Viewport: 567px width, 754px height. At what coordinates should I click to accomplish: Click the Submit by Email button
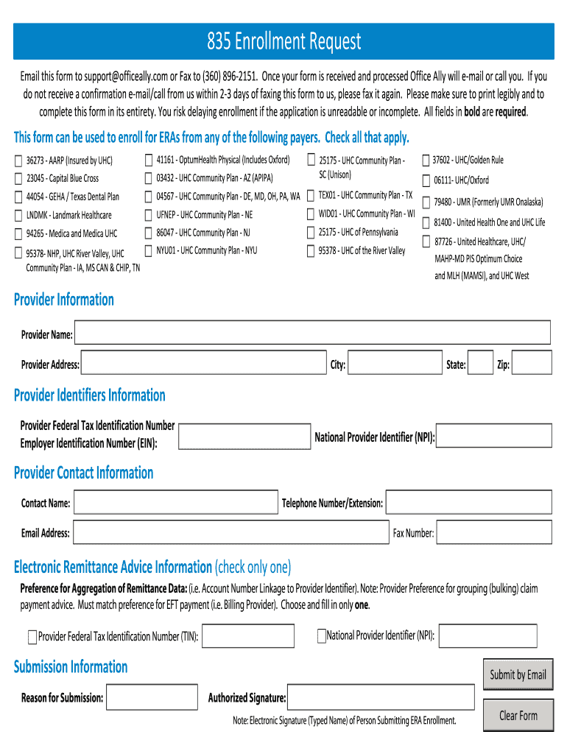pos(518,674)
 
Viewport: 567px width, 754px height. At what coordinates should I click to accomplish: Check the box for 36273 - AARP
pos(18,161)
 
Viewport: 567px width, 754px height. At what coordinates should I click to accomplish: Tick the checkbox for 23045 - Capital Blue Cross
pos(18,178)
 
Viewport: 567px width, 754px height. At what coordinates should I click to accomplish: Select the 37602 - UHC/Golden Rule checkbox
pos(426,161)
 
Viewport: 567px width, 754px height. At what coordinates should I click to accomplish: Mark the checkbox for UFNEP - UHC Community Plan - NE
pos(149,214)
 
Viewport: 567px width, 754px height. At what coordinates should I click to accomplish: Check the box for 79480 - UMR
pos(426,201)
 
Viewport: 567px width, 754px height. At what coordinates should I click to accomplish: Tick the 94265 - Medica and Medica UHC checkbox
pos(18,234)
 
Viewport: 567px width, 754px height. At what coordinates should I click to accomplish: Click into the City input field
pos(394,363)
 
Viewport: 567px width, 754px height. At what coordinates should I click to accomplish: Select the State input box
pos(480,363)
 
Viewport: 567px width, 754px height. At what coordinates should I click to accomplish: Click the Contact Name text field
pos(175,503)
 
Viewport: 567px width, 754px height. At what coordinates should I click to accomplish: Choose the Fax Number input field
pos(494,532)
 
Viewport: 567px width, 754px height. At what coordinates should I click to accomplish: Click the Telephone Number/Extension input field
pos(468,503)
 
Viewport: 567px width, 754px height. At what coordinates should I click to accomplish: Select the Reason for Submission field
pos(152,697)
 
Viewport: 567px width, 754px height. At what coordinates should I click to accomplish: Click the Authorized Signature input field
pos(381,697)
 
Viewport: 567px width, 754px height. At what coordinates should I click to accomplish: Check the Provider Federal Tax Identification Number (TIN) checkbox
pos(32,637)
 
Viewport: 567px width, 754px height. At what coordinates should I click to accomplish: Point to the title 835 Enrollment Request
pos(283,41)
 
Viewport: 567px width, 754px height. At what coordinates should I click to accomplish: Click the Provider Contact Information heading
pos(84,473)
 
